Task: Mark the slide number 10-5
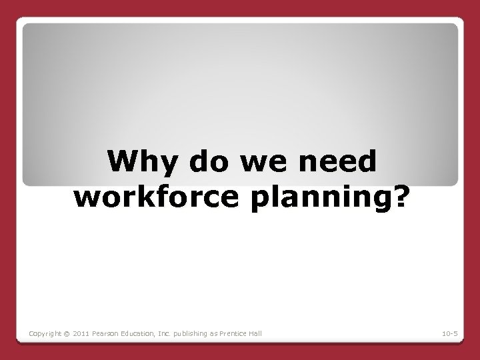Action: point(449,333)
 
